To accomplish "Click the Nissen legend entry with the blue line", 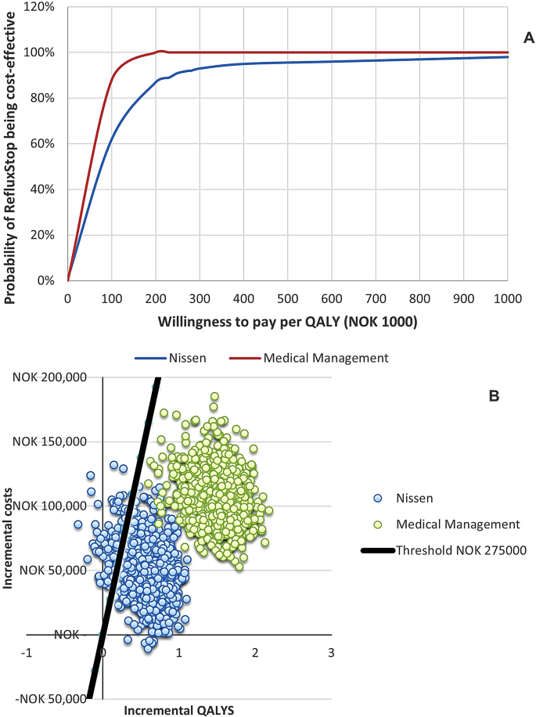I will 176,358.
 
